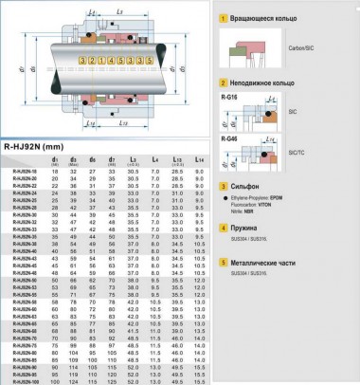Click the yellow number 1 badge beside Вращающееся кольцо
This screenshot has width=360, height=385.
pos(222,17)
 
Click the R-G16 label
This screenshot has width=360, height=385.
pos(228,97)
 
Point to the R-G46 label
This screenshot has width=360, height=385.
pos(228,138)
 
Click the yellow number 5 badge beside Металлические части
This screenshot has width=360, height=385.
pos(222,258)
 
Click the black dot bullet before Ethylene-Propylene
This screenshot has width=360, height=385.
pos(224,201)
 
